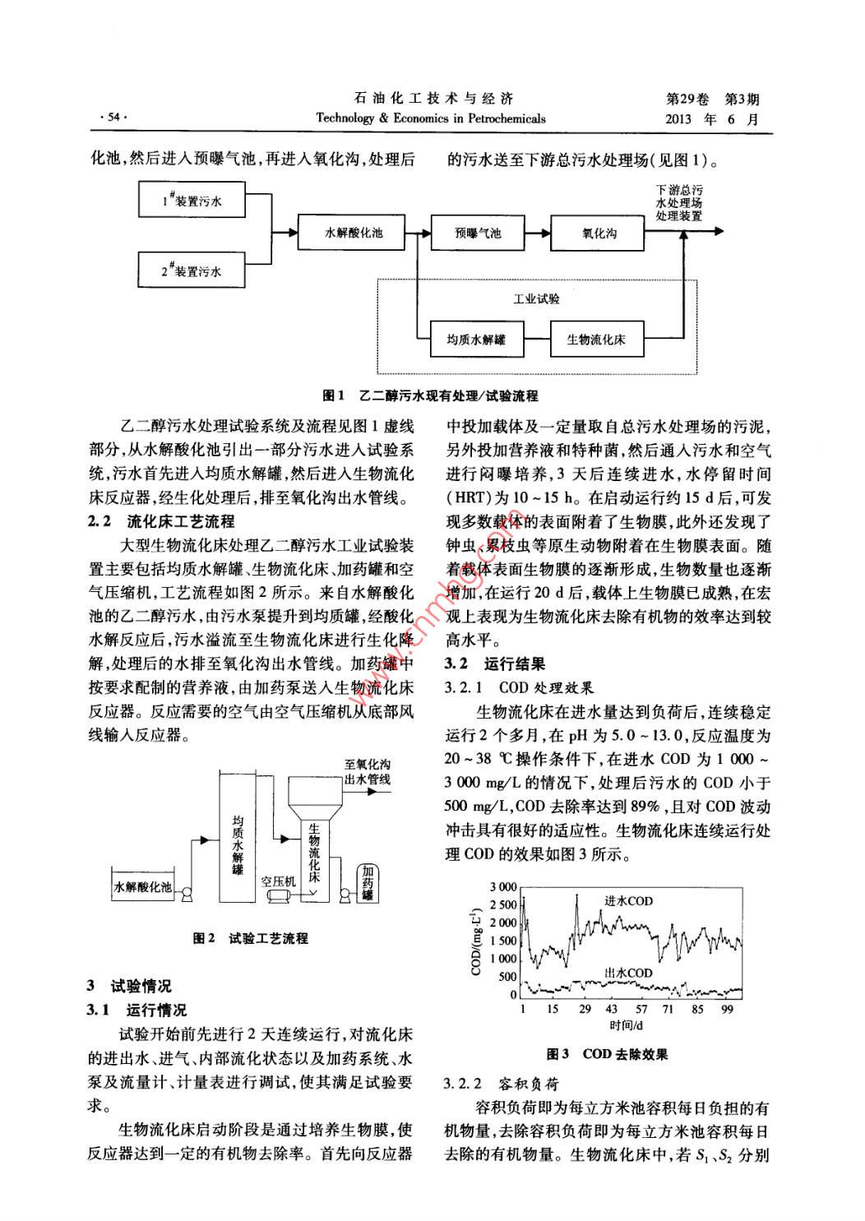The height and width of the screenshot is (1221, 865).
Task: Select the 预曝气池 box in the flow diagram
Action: [478, 233]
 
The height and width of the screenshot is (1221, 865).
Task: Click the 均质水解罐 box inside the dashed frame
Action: [476, 339]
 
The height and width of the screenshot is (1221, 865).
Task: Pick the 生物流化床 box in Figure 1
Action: [595, 339]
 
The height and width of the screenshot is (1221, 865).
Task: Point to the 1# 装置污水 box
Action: [192, 200]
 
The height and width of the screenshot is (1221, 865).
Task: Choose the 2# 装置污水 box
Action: [192, 270]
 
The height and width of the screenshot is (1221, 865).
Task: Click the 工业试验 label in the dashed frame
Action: [536, 299]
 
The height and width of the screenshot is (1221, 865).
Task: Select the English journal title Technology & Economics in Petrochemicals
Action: [431, 118]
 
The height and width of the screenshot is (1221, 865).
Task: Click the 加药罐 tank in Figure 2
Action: [368, 882]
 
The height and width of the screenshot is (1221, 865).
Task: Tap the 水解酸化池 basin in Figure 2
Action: [143, 886]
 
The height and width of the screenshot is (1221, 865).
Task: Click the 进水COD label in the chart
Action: [628, 900]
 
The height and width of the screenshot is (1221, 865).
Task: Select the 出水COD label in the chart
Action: [628, 973]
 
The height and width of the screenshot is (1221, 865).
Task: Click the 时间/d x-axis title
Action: [627, 1025]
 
